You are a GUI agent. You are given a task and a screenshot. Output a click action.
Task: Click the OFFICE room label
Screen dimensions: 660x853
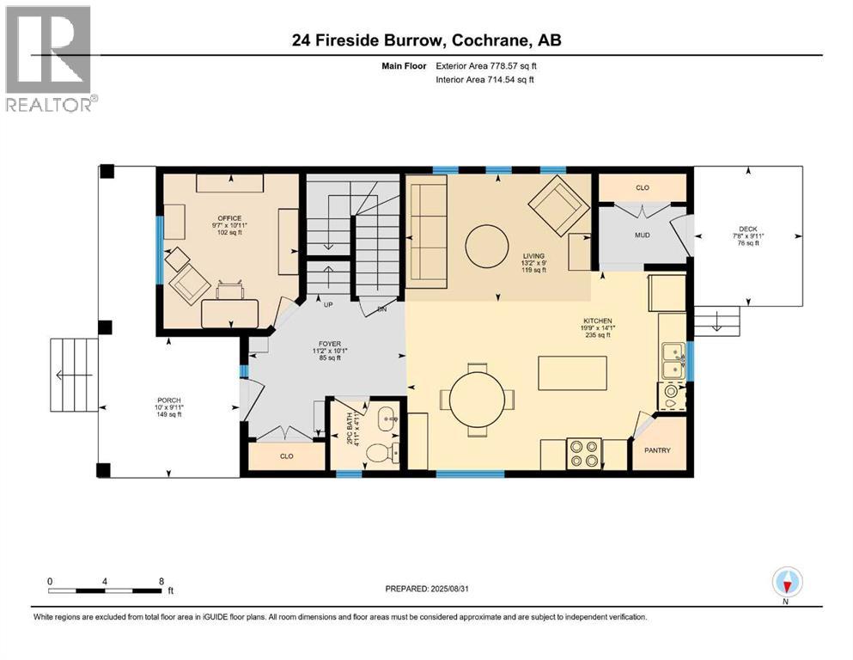229,218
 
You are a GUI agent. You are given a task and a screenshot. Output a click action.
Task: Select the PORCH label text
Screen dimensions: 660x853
169,400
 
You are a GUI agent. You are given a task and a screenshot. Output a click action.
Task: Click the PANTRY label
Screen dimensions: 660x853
658,450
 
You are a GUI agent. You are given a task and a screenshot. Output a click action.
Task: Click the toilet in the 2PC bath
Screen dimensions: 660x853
378,451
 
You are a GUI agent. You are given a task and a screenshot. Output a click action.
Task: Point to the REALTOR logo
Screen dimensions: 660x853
49,58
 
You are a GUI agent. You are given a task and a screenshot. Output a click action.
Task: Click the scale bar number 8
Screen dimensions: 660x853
161,580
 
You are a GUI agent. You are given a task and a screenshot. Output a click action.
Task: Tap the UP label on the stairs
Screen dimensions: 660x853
328,304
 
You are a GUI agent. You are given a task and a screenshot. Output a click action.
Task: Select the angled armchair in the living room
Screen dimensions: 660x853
558,204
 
